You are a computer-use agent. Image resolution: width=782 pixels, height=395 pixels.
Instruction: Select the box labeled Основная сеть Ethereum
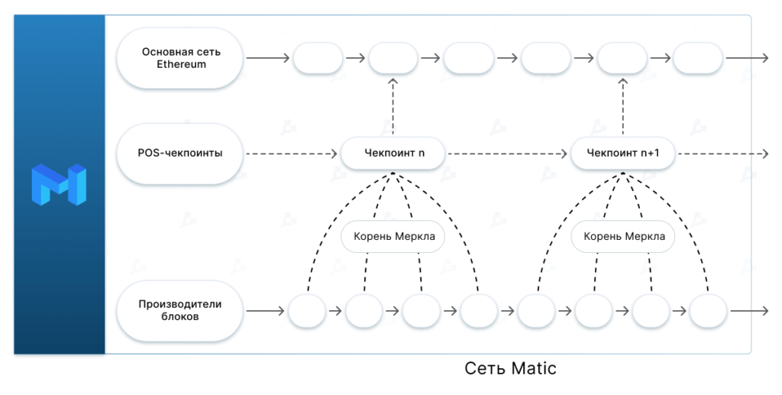(x=181, y=58)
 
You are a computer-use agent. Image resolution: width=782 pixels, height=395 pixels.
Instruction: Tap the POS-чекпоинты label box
(x=181, y=154)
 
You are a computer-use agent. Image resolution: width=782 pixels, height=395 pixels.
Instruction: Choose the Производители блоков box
(x=181, y=310)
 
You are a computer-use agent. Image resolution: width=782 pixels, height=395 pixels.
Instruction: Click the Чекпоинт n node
(x=393, y=154)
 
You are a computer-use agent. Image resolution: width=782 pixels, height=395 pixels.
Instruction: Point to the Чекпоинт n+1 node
(x=623, y=154)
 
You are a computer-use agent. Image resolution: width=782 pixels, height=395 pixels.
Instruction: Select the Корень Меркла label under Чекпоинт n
(x=394, y=236)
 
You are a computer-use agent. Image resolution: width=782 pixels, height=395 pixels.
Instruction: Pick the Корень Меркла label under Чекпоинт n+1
(x=624, y=236)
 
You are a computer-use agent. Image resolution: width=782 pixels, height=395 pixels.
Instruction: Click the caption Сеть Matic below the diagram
(x=510, y=369)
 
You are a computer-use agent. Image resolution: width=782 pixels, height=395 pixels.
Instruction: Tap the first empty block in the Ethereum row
(x=318, y=58)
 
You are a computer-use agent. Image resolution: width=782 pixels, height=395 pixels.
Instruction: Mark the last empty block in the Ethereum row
(x=698, y=58)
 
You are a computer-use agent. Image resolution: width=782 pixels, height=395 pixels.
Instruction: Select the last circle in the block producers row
(x=708, y=311)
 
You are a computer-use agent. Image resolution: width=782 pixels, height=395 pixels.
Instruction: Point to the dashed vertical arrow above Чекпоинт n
(x=393, y=107)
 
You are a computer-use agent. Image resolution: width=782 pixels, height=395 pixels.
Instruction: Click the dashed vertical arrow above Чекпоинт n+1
(x=622, y=107)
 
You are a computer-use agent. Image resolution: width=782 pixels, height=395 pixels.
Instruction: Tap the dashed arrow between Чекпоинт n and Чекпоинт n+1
(x=508, y=154)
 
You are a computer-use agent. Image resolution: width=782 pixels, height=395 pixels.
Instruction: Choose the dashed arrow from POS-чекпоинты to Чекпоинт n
(x=292, y=154)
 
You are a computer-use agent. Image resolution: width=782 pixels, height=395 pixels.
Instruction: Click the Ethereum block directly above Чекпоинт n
(x=393, y=58)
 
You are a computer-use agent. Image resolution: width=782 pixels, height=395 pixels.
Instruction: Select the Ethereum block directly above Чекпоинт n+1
(x=622, y=58)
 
